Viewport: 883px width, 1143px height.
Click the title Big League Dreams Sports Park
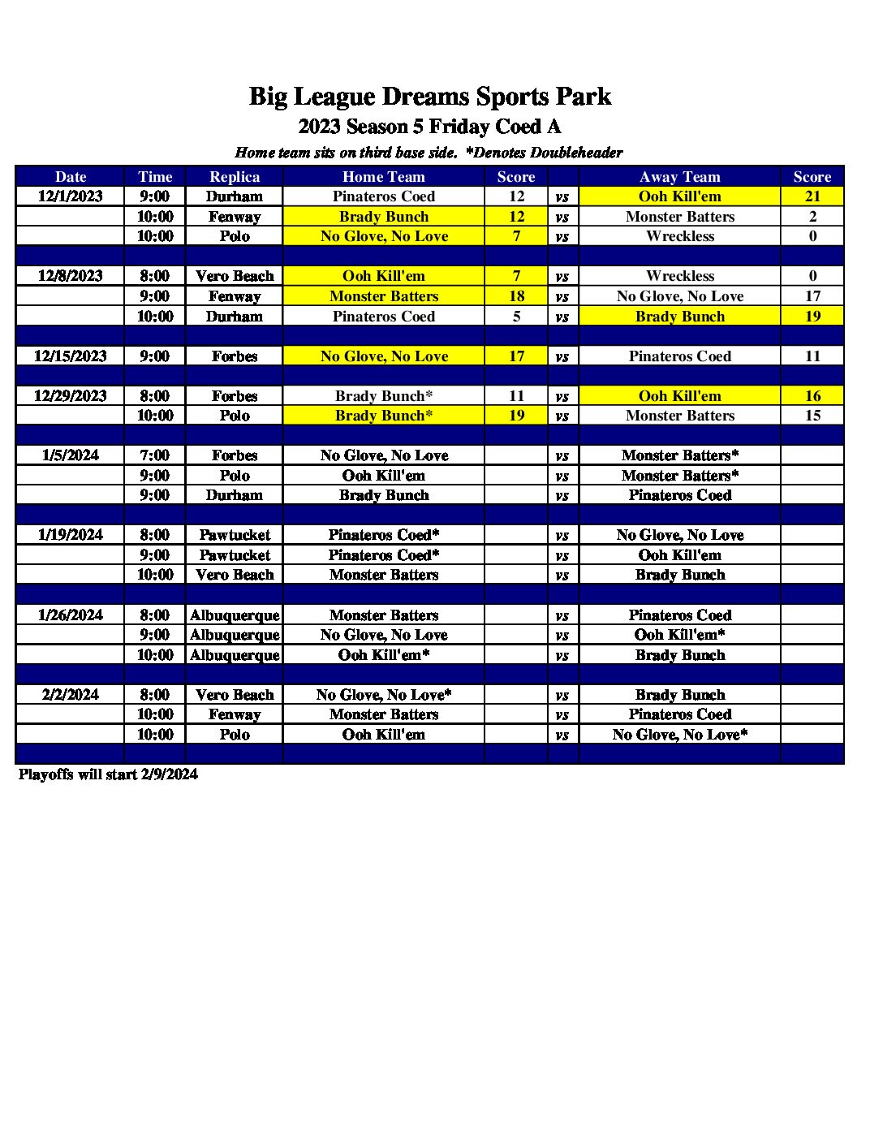(x=429, y=97)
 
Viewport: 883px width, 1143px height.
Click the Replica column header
(x=235, y=176)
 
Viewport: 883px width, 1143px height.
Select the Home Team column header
(x=383, y=176)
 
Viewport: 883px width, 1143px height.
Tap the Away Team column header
(x=679, y=176)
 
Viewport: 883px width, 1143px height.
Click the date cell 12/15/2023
(x=71, y=356)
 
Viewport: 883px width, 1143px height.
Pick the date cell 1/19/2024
(x=71, y=534)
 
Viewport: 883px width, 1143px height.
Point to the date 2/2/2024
(x=71, y=694)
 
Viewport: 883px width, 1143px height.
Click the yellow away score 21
(x=812, y=196)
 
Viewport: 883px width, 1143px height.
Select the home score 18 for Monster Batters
(x=516, y=296)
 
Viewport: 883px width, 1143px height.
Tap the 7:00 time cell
(x=154, y=455)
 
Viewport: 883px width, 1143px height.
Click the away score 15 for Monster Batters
(x=812, y=416)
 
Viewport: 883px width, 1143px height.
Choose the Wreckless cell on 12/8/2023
(x=679, y=276)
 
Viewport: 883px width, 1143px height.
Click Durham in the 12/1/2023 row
(x=235, y=196)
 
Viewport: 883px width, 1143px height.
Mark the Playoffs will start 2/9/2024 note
(x=108, y=774)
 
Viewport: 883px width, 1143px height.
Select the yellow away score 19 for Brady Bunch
(x=812, y=317)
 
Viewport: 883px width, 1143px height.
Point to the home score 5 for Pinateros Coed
(x=516, y=317)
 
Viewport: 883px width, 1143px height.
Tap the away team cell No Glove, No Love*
(x=679, y=735)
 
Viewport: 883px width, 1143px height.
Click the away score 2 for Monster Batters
(x=812, y=217)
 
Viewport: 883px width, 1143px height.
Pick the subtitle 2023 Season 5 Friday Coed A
(x=429, y=127)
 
